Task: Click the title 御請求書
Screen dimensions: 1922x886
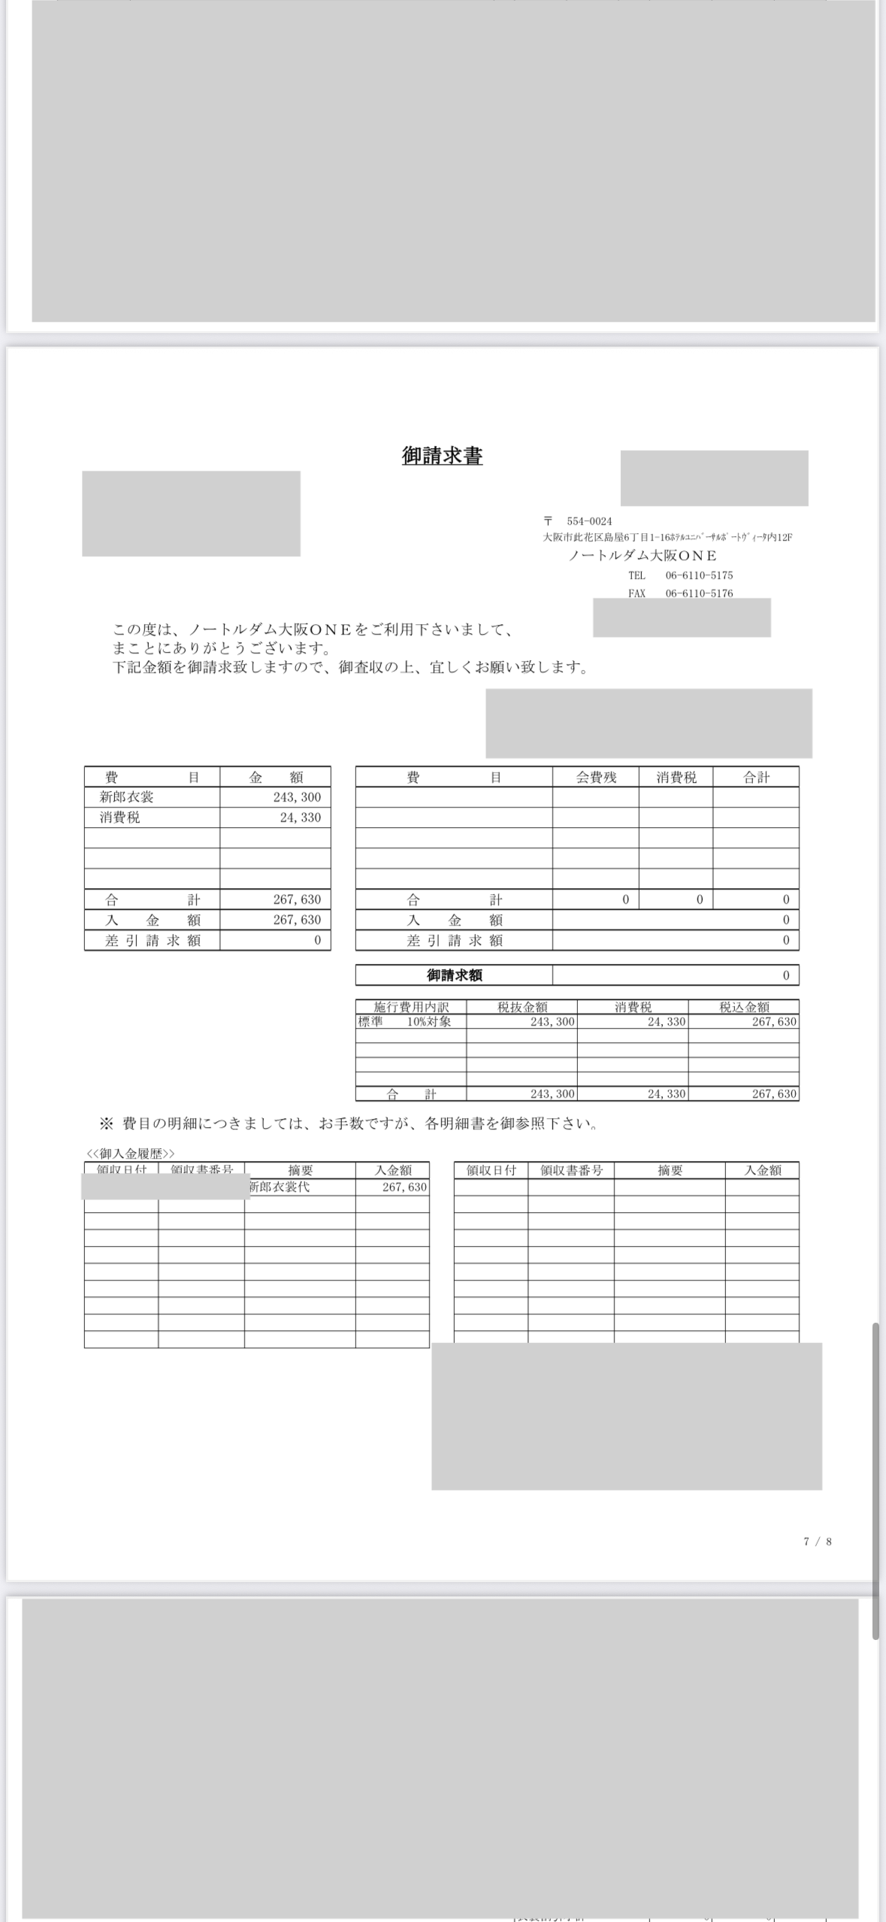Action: (x=442, y=456)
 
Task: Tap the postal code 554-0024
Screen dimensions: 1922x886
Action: (x=589, y=521)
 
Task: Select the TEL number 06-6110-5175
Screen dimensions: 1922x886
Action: (x=699, y=575)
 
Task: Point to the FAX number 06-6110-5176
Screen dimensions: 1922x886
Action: (x=699, y=593)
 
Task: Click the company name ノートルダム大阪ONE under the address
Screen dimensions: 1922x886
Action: (x=643, y=556)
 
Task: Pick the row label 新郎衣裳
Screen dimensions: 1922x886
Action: (x=127, y=797)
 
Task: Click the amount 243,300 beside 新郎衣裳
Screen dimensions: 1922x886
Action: (x=297, y=797)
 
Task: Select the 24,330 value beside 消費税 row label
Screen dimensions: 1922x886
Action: (x=300, y=817)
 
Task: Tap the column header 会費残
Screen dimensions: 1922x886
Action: (x=596, y=778)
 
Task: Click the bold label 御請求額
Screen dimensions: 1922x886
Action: (x=455, y=975)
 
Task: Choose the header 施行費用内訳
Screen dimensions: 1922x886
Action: (x=411, y=1007)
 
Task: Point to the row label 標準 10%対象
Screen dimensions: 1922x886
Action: (x=404, y=1021)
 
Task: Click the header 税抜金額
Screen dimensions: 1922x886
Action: (x=522, y=1007)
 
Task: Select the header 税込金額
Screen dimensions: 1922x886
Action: (x=744, y=1007)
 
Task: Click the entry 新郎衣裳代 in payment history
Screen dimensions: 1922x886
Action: (x=279, y=1187)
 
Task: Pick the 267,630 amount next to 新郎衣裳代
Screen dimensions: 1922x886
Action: (x=404, y=1187)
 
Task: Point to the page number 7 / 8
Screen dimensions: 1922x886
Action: (x=818, y=1542)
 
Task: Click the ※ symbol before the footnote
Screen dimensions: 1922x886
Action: (x=106, y=1124)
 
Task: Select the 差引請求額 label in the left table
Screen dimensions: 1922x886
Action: (x=153, y=940)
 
